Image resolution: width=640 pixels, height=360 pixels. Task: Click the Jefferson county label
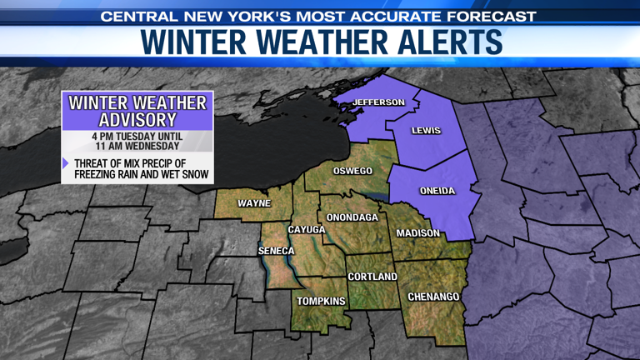coord(378,102)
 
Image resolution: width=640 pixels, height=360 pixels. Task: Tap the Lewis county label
coord(426,131)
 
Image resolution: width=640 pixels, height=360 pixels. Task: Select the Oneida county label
coord(437,191)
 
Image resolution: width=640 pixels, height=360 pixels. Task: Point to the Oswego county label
coord(352,171)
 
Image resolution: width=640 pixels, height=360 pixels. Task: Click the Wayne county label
coord(254,203)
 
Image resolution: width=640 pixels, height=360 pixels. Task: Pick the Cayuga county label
coord(307,229)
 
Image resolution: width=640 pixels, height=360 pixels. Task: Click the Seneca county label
coord(276,251)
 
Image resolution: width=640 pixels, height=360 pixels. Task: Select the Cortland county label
coord(372,277)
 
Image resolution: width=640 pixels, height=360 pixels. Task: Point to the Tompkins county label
coord(322,302)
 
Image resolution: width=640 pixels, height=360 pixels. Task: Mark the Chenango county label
coord(433,297)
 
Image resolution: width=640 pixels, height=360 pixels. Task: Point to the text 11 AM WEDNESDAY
coord(137,147)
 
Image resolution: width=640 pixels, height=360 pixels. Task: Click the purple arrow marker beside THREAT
coord(67,163)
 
